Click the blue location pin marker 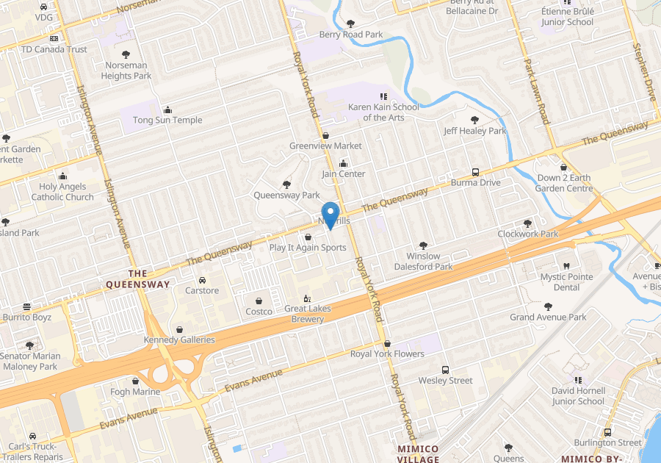pos(330,214)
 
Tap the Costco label pos(259,312)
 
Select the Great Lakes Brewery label pos(308,314)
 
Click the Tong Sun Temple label pos(167,120)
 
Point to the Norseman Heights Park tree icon pos(126,54)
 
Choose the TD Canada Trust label pos(54,49)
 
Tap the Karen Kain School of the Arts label pos(383,112)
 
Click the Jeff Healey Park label pos(475,131)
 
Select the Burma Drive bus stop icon pos(475,171)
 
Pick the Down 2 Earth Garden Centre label pos(564,183)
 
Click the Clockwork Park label pos(527,234)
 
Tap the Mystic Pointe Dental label pos(566,282)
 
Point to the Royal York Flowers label pos(387,353)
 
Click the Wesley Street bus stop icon pos(445,370)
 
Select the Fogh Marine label pos(135,392)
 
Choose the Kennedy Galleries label pos(179,340)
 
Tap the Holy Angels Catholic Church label pos(66,192)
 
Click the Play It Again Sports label pos(307,248)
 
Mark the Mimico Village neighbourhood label pos(417,453)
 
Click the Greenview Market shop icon pos(325,135)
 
